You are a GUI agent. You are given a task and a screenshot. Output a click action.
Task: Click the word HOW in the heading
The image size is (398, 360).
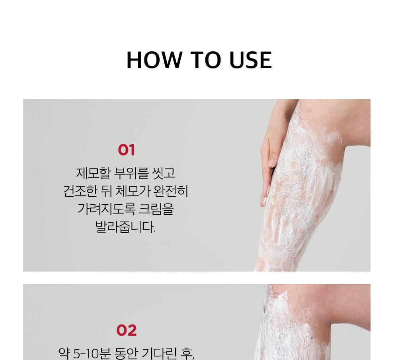coord(154,60)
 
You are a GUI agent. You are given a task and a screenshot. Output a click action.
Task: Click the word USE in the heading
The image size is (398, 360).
coord(250,60)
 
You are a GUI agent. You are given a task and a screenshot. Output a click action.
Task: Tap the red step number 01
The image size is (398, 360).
coord(127,150)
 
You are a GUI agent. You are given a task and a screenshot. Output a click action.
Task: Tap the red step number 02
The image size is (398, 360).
coord(127,330)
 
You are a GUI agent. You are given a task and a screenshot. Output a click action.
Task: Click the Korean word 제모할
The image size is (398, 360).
coord(94,173)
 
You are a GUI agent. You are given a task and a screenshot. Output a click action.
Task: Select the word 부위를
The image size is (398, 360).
coord(131,173)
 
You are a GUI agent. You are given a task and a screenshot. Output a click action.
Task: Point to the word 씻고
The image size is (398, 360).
coord(164,173)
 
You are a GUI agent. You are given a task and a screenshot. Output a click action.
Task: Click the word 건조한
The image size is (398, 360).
coord(80,191)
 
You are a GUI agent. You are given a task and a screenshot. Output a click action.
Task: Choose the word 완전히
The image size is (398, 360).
coord(171,191)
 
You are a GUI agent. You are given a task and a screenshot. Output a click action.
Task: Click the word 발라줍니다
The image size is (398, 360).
coord(125,227)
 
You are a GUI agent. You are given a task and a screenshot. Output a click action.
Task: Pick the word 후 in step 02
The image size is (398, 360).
coord(187,353)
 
